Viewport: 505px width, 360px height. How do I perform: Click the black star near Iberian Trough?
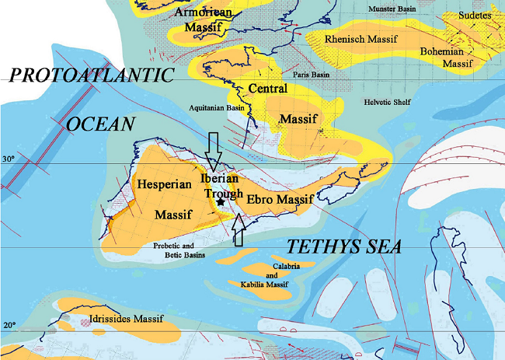coord(221,202)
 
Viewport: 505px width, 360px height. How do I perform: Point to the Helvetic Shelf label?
coord(388,102)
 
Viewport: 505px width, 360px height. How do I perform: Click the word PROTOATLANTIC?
coord(90,75)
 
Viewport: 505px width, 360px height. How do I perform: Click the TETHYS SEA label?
coord(344,247)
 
